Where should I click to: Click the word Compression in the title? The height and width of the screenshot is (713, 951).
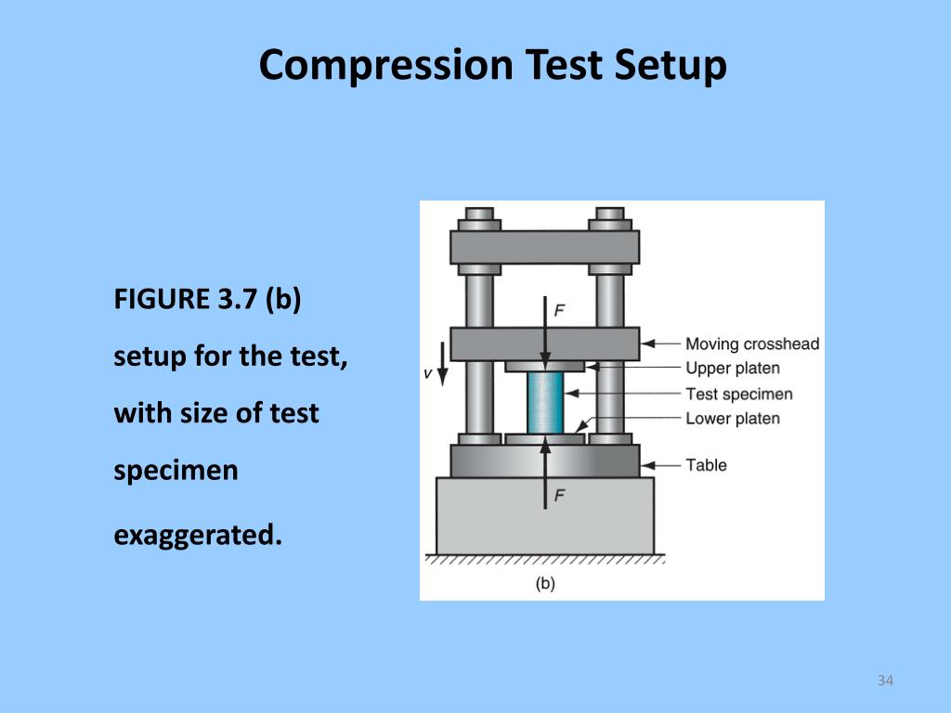386,66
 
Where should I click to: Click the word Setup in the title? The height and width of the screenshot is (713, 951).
671,66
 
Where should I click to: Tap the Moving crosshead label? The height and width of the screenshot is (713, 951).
752,344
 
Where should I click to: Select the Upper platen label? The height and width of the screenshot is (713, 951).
733,368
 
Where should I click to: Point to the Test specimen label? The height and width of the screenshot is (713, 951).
738,394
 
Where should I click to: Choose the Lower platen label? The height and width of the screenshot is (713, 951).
733,419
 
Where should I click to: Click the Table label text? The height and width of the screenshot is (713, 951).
706,465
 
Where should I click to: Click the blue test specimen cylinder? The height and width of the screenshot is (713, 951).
544,403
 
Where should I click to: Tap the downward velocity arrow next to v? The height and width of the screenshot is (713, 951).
443,364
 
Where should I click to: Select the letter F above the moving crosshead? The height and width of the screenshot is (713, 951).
559,310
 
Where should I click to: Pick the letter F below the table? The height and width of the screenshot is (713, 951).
559,496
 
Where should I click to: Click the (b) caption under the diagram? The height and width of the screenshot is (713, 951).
545,583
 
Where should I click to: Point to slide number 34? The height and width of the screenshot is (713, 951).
885,681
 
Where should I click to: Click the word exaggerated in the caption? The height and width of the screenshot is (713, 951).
198,536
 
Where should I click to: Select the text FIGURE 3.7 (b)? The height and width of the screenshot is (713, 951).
207,300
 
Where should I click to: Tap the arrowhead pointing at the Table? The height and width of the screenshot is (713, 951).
648,465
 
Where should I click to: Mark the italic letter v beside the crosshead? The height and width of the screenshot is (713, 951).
427,373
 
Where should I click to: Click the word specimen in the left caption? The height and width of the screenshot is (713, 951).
176,471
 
